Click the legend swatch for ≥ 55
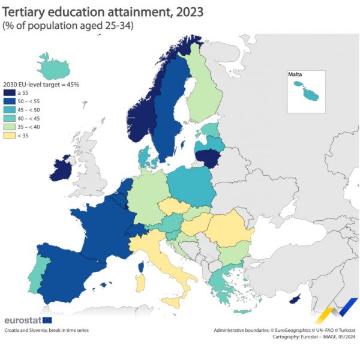10,93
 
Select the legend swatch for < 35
10,136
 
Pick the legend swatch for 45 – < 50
10,110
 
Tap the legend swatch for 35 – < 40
10,127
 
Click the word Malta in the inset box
295,75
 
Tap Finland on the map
204,90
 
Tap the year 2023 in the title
187,11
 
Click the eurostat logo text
22,320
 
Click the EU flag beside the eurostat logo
47,320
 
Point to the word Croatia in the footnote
13,331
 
